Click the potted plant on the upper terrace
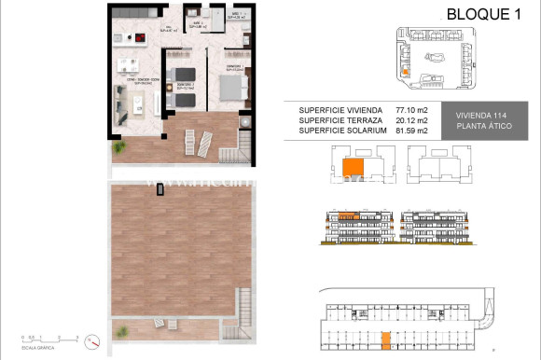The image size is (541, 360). (119, 148)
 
